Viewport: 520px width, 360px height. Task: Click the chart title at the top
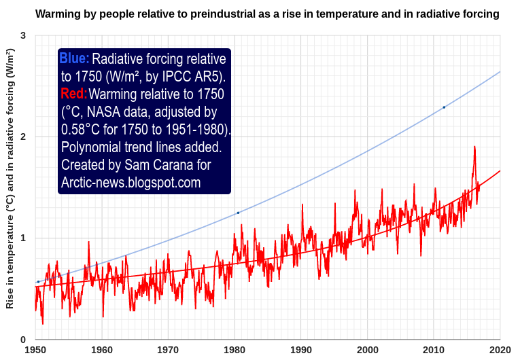tap(266, 14)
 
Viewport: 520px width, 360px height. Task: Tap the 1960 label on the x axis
tap(101, 350)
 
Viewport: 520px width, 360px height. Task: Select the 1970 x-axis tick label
tap(168, 350)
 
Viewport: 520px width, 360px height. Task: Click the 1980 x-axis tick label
tap(235, 350)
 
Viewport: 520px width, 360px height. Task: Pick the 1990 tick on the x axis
tap(301, 350)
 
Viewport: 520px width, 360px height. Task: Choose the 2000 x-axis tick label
tap(368, 350)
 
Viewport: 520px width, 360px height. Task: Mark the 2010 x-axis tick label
tap(434, 350)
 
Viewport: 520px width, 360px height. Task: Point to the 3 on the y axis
tap(23, 35)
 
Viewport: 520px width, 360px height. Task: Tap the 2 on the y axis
tap(23, 137)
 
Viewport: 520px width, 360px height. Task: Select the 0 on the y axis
tap(23, 340)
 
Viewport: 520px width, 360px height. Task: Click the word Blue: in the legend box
tap(74, 59)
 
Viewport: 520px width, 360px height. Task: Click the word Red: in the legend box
tap(73, 94)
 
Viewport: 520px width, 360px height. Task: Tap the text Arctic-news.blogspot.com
tap(131, 182)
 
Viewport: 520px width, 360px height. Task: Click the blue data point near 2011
tap(444, 107)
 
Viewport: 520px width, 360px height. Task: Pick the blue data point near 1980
tap(238, 213)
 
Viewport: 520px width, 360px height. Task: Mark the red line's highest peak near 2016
tap(474, 147)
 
